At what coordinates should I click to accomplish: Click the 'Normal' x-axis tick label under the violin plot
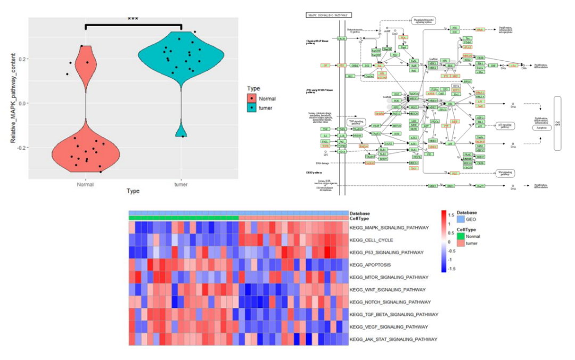coord(85,184)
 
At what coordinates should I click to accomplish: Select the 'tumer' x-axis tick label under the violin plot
coord(181,184)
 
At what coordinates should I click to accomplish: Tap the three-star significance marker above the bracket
coord(133,19)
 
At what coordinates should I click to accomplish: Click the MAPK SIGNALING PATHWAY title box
coord(324,15)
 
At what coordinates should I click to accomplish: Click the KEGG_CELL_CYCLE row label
coord(371,240)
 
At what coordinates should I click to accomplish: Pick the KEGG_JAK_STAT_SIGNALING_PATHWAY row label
coord(393,339)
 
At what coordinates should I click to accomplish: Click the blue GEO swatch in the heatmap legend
coord(461,219)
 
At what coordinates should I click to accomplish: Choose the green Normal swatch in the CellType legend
coord(461,236)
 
